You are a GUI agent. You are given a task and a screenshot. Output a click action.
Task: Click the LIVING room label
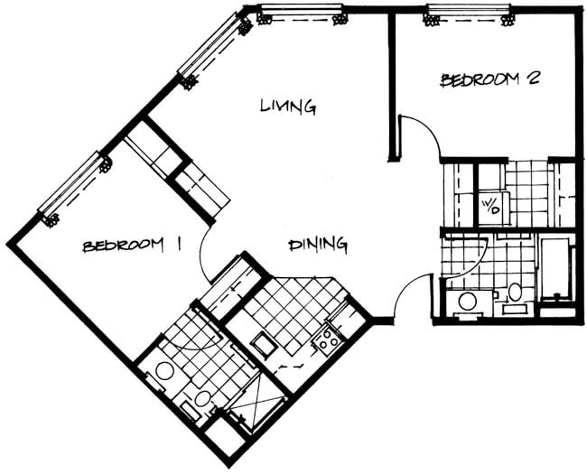point(288,106)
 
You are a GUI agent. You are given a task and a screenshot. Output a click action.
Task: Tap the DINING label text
point(318,245)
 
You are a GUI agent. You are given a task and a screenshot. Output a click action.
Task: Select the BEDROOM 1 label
point(132,246)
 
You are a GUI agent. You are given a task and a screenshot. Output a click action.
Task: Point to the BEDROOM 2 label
point(489,79)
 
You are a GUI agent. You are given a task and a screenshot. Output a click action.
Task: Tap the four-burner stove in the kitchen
point(326,339)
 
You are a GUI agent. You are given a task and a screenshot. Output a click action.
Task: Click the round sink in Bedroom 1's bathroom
point(164,372)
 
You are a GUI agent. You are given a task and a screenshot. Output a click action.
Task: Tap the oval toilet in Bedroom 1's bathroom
point(202,399)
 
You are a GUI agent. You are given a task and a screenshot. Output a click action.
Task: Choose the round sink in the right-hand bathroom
point(467,301)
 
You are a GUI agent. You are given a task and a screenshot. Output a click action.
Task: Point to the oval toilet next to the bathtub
point(516,292)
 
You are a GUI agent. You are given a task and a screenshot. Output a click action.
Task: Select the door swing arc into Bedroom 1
point(202,258)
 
